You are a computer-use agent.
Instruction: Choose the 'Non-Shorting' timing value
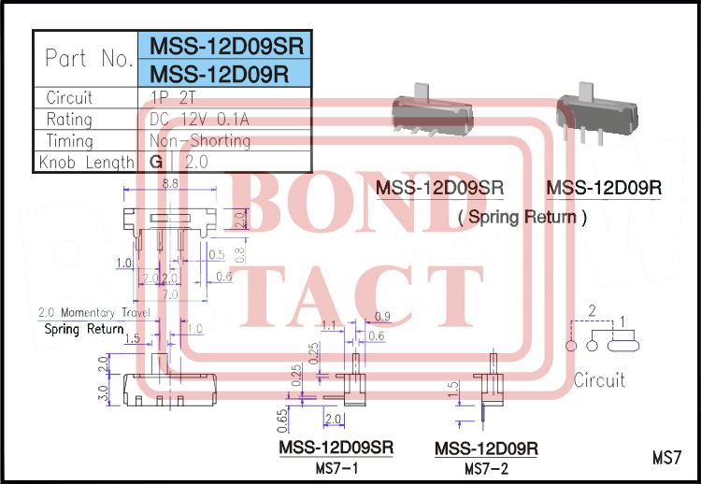[200, 141]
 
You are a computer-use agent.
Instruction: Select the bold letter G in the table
[156, 163]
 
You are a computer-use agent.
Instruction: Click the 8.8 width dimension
[171, 185]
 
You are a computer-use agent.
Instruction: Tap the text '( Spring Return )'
[522, 218]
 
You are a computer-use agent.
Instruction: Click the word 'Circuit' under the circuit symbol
[599, 380]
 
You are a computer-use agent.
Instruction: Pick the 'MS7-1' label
[336, 467]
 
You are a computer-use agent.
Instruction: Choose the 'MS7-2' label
[486, 467]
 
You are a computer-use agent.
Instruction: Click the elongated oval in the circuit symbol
[624, 345]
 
